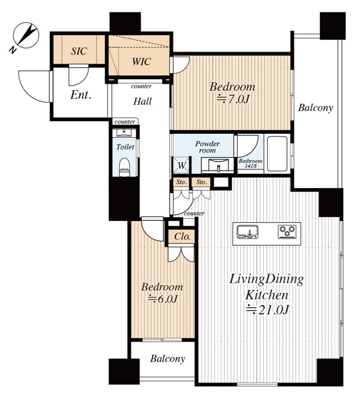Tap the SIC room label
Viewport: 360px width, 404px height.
pyautogui.click(x=79, y=51)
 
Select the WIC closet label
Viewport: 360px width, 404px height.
pyautogui.click(x=141, y=62)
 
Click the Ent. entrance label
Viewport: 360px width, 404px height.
pyautogui.click(x=81, y=95)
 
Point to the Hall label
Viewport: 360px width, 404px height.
pyautogui.click(x=142, y=101)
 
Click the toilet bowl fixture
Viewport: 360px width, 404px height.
pyautogui.click(x=124, y=167)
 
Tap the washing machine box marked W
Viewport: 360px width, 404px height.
pyautogui.click(x=181, y=165)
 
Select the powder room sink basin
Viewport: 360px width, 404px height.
pyautogui.click(x=218, y=165)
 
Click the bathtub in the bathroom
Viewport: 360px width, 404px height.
pyautogui.click(x=277, y=154)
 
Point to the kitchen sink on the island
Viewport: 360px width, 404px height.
pyautogui.click(x=248, y=231)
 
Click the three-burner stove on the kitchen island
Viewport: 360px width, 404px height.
pyautogui.click(x=287, y=231)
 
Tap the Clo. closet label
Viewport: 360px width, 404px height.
pyautogui.click(x=182, y=236)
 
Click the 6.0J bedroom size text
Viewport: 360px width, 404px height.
pyautogui.click(x=162, y=299)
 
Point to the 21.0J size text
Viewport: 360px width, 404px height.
pyautogui.click(x=267, y=309)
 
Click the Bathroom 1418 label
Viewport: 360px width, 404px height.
pyautogui.click(x=251, y=163)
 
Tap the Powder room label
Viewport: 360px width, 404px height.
pyautogui.click(x=207, y=147)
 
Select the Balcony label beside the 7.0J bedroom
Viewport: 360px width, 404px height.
pyautogui.click(x=315, y=108)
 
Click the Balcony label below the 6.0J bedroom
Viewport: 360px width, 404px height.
pyautogui.click(x=168, y=359)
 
